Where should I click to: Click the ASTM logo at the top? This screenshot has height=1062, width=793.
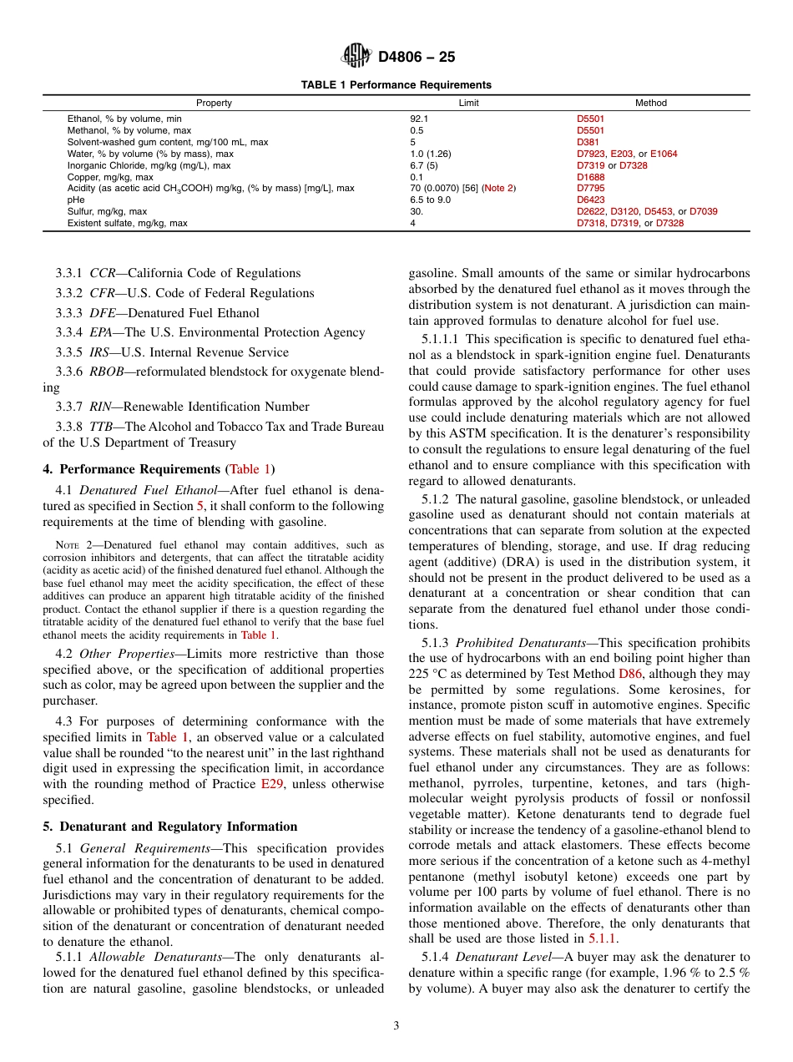click(356, 57)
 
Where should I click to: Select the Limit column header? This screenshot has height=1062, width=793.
click(469, 104)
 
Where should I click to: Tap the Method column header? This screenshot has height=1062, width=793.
click(651, 104)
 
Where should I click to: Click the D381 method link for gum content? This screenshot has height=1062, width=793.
click(588, 142)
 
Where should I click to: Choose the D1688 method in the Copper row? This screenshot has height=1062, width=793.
click(590, 177)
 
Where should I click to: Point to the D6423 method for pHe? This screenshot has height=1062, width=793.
click(590, 200)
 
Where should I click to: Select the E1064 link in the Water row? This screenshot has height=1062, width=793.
click(664, 154)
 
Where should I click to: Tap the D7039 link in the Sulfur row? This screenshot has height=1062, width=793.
click(703, 212)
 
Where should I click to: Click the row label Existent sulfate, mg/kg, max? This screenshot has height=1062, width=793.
click(127, 224)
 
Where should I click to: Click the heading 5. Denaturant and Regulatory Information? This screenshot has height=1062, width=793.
click(169, 827)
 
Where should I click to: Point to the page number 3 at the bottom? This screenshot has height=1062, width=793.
click(396, 1026)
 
